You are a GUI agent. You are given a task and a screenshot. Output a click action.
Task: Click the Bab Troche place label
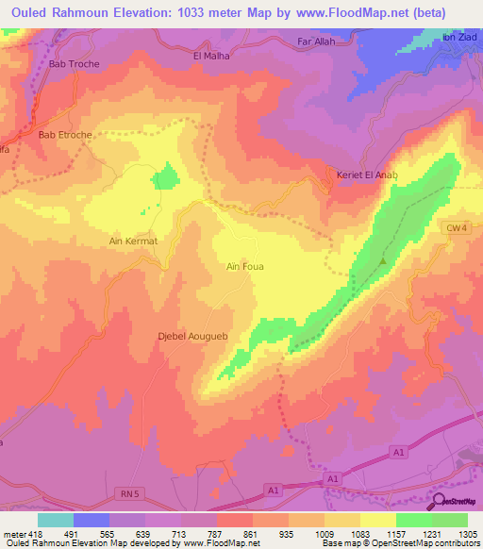[x=75, y=64]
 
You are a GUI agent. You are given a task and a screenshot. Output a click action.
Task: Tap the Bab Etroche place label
[x=65, y=135]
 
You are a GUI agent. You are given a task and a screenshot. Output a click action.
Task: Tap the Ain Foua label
[x=245, y=267]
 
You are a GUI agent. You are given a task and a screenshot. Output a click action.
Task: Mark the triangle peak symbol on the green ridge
[x=383, y=260]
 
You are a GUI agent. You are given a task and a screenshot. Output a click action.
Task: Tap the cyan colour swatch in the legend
[x=55, y=519]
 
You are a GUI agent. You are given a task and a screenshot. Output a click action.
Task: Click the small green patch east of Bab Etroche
[x=166, y=175]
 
